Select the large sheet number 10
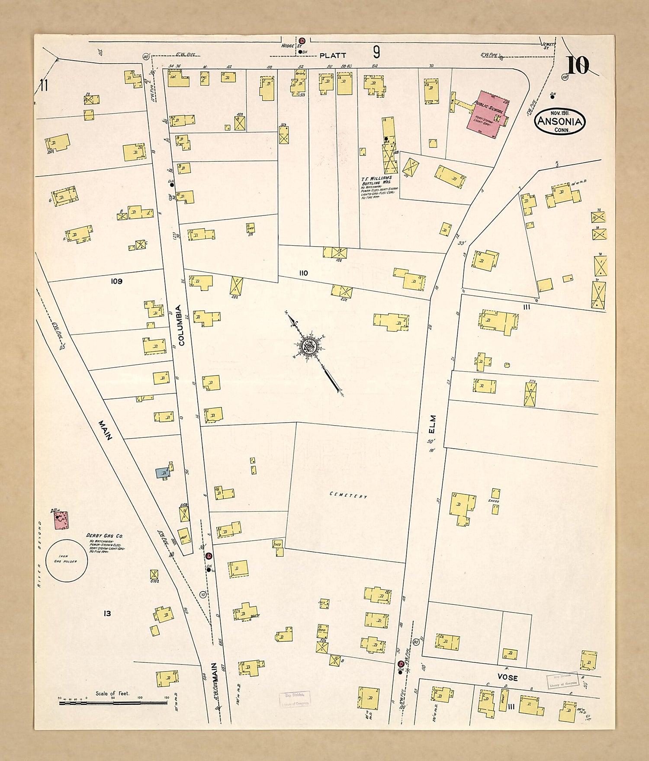[577, 66]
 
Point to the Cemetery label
[348, 495]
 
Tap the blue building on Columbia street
[163, 473]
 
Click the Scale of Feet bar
[113, 703]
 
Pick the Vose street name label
[508, 678]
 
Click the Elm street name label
[433, 424]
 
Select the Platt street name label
[332, 55]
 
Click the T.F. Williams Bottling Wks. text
[376, 180]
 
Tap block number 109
[116, 281]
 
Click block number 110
[303, 273]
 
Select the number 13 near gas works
[107, 613]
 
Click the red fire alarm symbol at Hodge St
[302, 40]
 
